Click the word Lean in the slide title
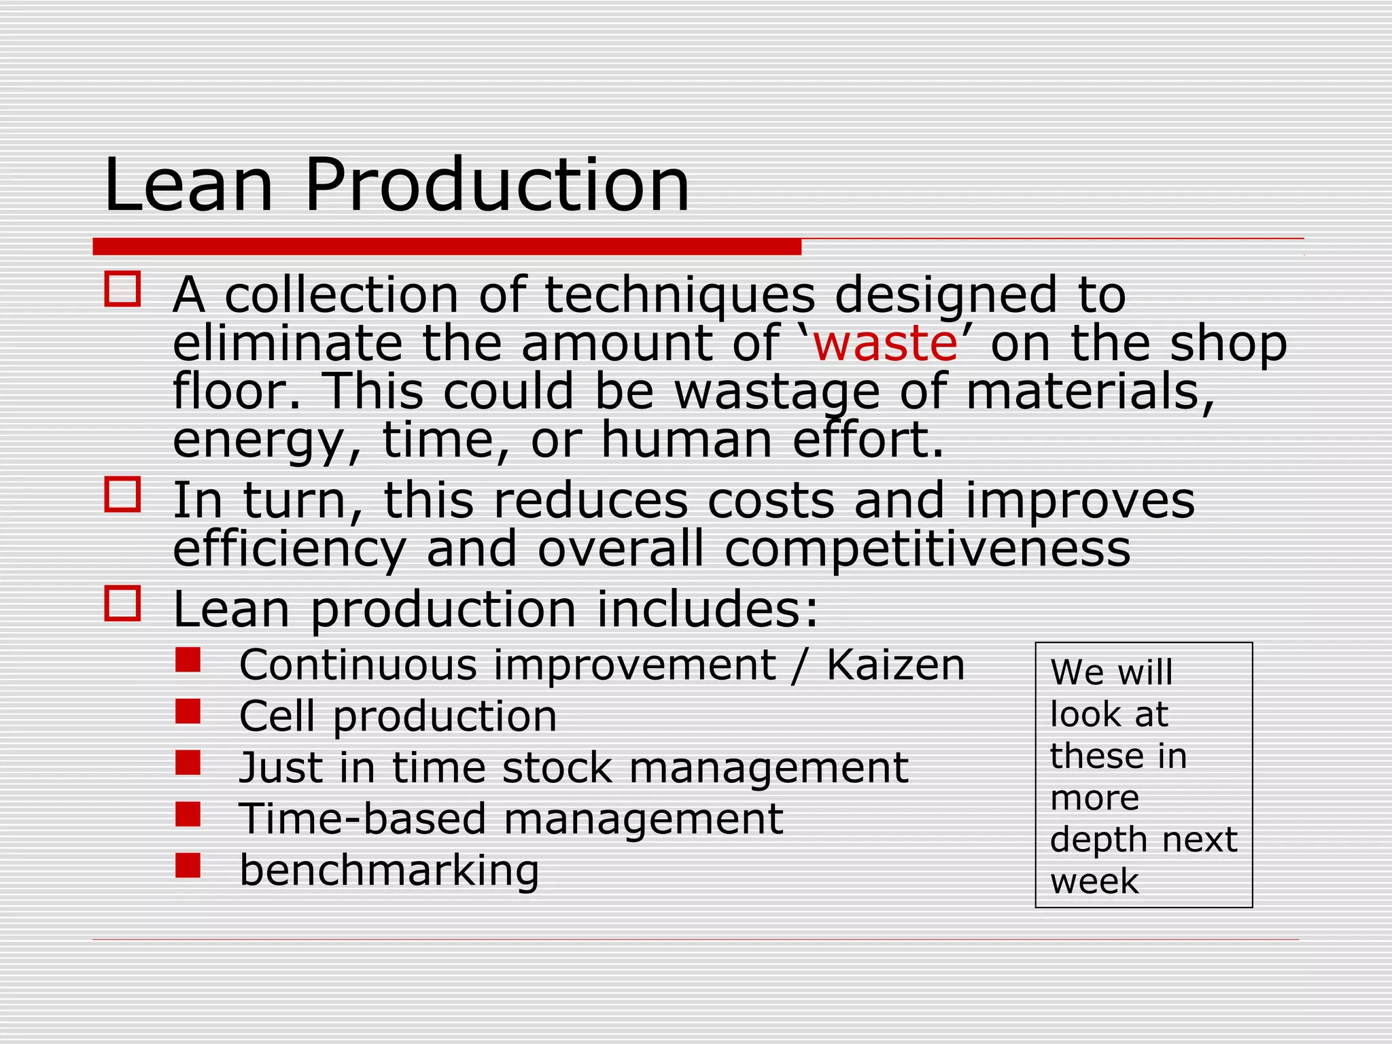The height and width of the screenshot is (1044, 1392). [188, 185]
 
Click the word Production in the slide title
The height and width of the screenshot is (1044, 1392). [497, 185]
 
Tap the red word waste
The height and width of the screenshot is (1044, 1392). [885, 343]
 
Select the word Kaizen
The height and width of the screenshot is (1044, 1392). [896, 665]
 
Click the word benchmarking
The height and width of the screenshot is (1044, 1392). [389, 871]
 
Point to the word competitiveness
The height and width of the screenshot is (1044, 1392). [928, 549]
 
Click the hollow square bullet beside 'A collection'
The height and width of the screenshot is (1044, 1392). [122, 289]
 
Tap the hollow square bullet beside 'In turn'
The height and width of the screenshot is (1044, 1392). [122, 494]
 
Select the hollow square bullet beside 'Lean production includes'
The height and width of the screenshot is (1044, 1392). [122, 603]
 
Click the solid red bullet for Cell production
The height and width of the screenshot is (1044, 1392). [188, 712]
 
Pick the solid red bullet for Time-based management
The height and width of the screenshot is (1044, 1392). [188, 814]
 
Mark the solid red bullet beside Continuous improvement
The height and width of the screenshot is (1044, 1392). [188, 659]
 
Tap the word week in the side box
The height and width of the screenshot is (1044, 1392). [1094, 882]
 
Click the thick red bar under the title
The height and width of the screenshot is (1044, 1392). [447, 246]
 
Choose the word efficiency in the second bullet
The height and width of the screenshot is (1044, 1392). [289, 549]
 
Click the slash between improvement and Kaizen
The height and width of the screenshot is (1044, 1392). [801, 665]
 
